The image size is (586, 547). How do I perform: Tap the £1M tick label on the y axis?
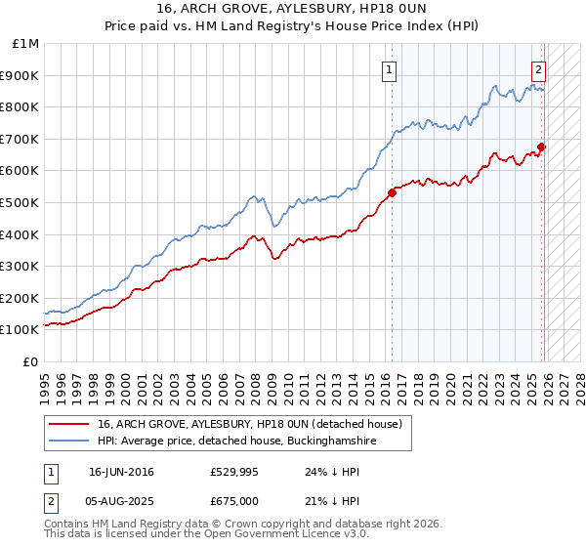pyautogui.click(x=26, y=44)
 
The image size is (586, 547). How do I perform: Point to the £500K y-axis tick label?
pyautogui.click(x=21, y=203)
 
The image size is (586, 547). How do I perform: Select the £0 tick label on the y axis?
pyautogui.click(x=31, y=361)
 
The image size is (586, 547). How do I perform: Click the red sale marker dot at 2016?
pyautogui.click(x=392, y=192)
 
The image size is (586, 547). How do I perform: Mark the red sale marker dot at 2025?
pyautogui.click(x=541, y=147)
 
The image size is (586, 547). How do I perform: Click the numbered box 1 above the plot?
pyautogui.click(x=390, y=69)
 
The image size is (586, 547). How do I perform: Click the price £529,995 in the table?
pyautogui.click(x=237, y=472)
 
